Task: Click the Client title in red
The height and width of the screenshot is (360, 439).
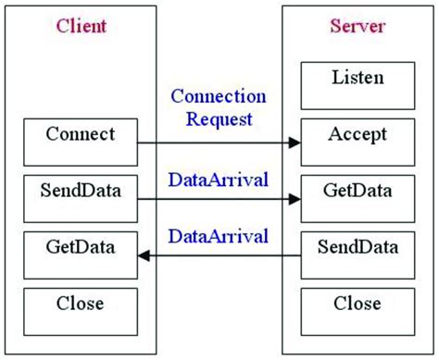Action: (80, 26)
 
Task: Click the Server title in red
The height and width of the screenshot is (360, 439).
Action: (357, 26)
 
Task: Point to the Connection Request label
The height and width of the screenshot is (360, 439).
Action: (219, 107)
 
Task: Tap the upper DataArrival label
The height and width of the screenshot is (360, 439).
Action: (219, 178)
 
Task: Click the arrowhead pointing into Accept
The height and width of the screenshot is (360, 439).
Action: (295, 143)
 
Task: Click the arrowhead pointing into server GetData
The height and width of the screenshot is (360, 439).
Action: (295, 198)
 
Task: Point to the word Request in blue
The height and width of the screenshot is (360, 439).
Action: (219, 118)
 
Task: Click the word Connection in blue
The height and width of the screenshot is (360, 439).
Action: (219, 97)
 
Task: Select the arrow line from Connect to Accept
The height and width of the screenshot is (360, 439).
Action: (218, 143)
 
